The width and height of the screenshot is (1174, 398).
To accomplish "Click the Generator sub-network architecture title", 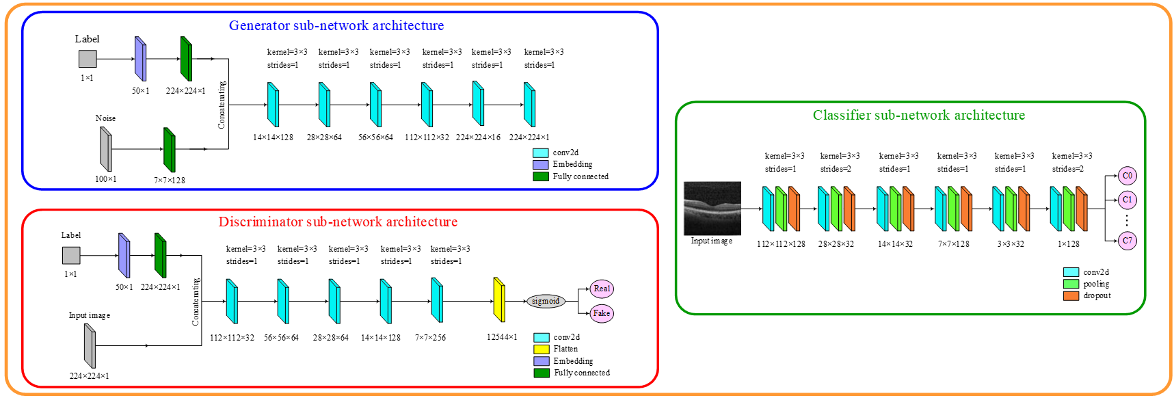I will [336, 26].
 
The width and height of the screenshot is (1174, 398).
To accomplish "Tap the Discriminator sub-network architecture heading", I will [338, 222].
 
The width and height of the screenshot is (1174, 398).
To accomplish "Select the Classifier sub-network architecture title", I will [918, 116].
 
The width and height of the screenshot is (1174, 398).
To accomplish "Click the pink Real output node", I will [602, 289].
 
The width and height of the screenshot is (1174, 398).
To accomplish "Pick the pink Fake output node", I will [602, 313].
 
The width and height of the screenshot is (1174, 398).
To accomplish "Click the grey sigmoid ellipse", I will [546, 301].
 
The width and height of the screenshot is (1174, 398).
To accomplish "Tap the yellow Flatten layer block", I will [499, 300].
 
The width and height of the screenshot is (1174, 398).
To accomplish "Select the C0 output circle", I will [1127, 176].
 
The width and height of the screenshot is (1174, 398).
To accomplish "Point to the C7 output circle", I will [1127, 241].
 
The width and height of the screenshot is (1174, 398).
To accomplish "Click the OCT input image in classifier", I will [712, 208].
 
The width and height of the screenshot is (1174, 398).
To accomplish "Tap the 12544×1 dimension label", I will [502, 337].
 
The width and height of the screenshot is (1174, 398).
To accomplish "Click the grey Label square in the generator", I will [88, 59].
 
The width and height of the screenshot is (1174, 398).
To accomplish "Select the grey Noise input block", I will [105, 149].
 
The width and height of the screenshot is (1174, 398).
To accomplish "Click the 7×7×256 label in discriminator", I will [430, 337].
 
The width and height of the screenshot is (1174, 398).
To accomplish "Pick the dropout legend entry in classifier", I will [1087, 295].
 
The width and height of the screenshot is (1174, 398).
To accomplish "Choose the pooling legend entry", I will [1087, 284].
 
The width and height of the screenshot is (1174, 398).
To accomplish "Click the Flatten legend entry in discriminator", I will [556, 349].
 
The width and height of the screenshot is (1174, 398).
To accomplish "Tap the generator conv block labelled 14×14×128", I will [273, 105].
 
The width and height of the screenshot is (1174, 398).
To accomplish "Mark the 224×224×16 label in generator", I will [478, 137].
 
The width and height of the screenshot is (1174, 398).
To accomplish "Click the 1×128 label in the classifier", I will [1069, 244].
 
